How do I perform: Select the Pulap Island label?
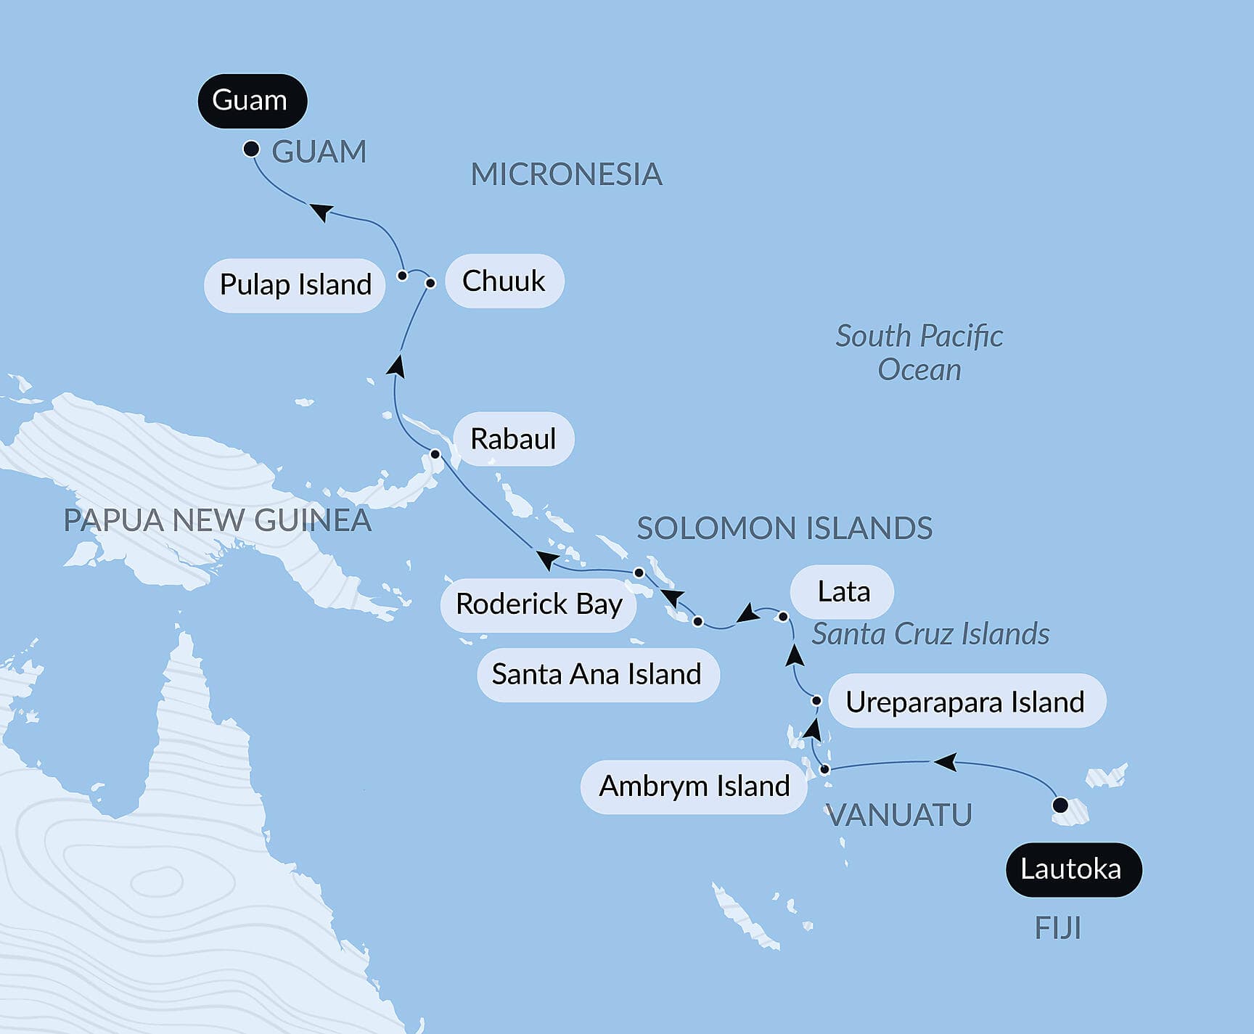295,284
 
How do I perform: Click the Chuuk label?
504,282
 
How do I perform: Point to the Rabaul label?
513,439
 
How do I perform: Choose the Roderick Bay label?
538,604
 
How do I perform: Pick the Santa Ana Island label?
597,675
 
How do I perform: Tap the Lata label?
842,592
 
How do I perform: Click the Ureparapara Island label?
966,702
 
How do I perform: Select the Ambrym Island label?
694,787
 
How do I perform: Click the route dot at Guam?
251,149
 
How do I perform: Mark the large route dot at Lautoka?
1060,805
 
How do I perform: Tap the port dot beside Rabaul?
435,454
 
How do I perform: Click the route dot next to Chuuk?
430,283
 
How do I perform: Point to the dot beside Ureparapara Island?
816,701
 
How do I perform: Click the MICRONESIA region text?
566,175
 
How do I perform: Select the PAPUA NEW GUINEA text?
217,521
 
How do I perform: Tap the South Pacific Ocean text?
919,353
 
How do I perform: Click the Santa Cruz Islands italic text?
930,634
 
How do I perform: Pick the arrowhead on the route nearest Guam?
321,211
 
